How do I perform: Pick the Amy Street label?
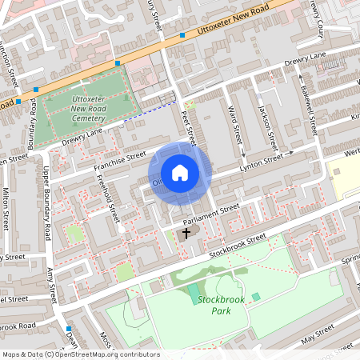pos(55,283)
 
